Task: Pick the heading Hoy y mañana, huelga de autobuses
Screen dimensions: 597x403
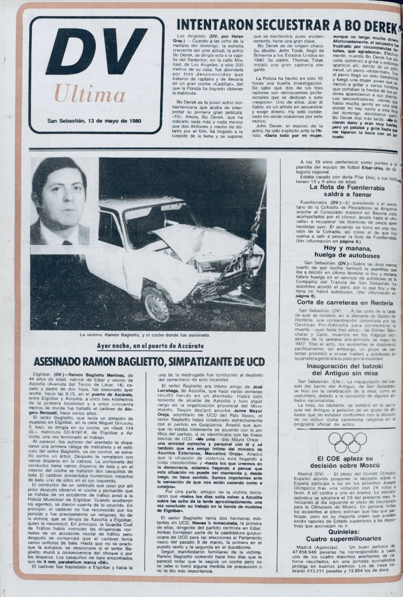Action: (x=347, y=252)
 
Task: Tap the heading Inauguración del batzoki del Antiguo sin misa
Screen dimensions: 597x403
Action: (x=345, y=370)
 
